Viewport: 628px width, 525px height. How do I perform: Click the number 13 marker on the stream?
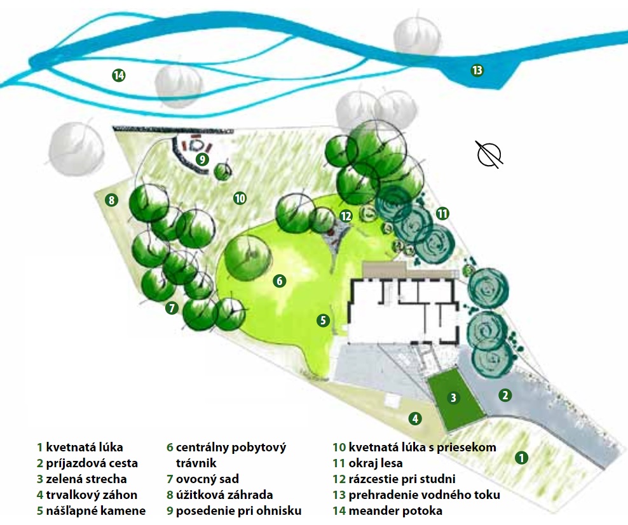tap(477, 70)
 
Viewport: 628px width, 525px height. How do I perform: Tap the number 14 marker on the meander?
tap(118, 76)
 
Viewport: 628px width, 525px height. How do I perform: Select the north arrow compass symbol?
tap(489, 154)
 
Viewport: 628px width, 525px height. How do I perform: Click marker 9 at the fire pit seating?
tap(202, 159)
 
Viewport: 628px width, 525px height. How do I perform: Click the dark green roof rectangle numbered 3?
tap(453, 398)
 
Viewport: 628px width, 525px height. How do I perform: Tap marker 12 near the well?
tap(345, 216)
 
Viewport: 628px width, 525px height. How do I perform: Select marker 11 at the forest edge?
tap(442, 213)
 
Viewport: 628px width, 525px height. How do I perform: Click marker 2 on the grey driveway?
tap(505, 395)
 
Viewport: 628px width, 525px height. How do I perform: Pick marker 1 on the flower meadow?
tap(521, 457)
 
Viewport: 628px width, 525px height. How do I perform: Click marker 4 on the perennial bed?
tap(414, 418)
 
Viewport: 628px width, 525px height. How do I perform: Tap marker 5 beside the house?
tap(323, 321)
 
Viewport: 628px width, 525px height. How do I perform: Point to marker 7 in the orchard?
tap(171, 309)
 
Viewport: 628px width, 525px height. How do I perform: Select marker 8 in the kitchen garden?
tap(112, 201)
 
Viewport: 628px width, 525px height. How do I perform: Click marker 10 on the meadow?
tap(239, 198)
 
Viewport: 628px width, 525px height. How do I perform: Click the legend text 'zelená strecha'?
tap(86, 479)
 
